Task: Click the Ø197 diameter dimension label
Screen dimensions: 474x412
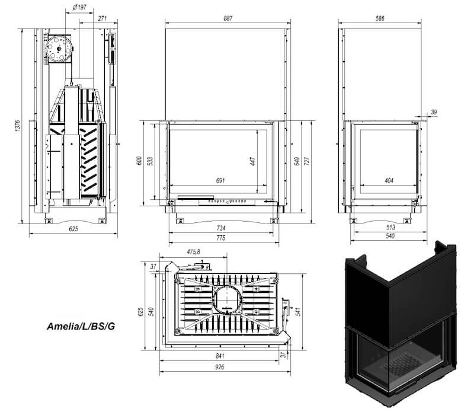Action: (80, 7)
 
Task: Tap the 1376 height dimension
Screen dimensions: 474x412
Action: (18, 126)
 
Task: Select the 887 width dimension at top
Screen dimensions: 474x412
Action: (228, 18)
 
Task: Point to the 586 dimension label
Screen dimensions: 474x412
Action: (380, 18)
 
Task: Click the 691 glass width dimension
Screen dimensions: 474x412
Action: (220, 181)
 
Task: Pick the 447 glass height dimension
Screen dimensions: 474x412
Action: (253, 161)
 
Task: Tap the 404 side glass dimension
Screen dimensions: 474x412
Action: (389, 181)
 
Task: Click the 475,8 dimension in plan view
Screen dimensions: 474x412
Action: (194, 252)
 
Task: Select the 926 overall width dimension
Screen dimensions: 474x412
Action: (220, 367)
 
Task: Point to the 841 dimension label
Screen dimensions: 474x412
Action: (220, 356)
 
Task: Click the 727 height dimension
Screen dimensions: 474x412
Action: (306, 161)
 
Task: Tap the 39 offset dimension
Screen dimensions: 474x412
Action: (434, 112)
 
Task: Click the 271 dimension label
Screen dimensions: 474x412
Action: (103, 18)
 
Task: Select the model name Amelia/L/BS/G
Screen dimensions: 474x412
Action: (81, 327)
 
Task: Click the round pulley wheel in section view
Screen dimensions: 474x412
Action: (59, 49)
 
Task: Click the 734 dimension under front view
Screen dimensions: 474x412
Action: (221, 228)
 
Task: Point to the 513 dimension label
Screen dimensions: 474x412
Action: (390, 227)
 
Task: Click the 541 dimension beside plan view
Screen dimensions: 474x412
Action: (298, 312)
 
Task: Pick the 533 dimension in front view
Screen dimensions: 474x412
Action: (150, 161)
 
